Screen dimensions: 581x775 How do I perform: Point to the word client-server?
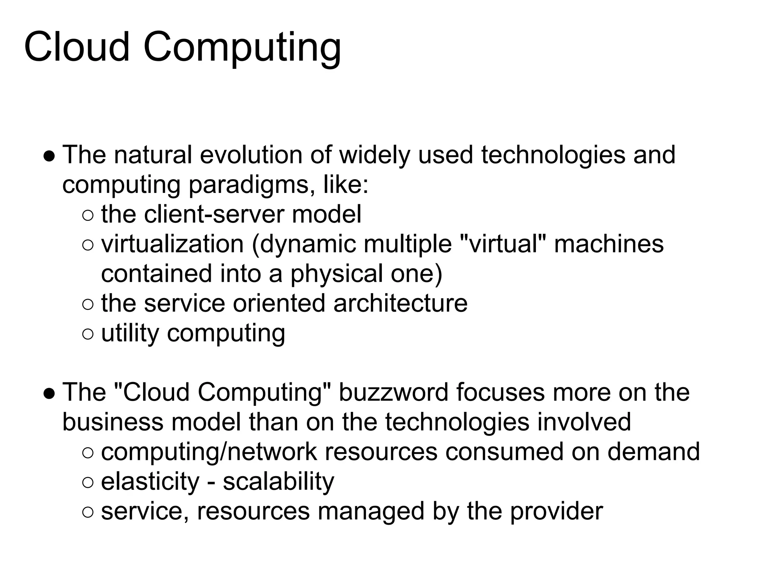point(213,214)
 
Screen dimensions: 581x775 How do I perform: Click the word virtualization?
point(172,244)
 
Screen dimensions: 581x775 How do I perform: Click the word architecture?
point(400,303)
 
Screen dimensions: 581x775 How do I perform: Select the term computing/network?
point(209,452)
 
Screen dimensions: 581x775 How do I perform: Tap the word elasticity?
point(150,482)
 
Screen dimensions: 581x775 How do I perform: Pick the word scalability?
point(279,482)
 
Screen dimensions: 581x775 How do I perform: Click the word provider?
point(556,511)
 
